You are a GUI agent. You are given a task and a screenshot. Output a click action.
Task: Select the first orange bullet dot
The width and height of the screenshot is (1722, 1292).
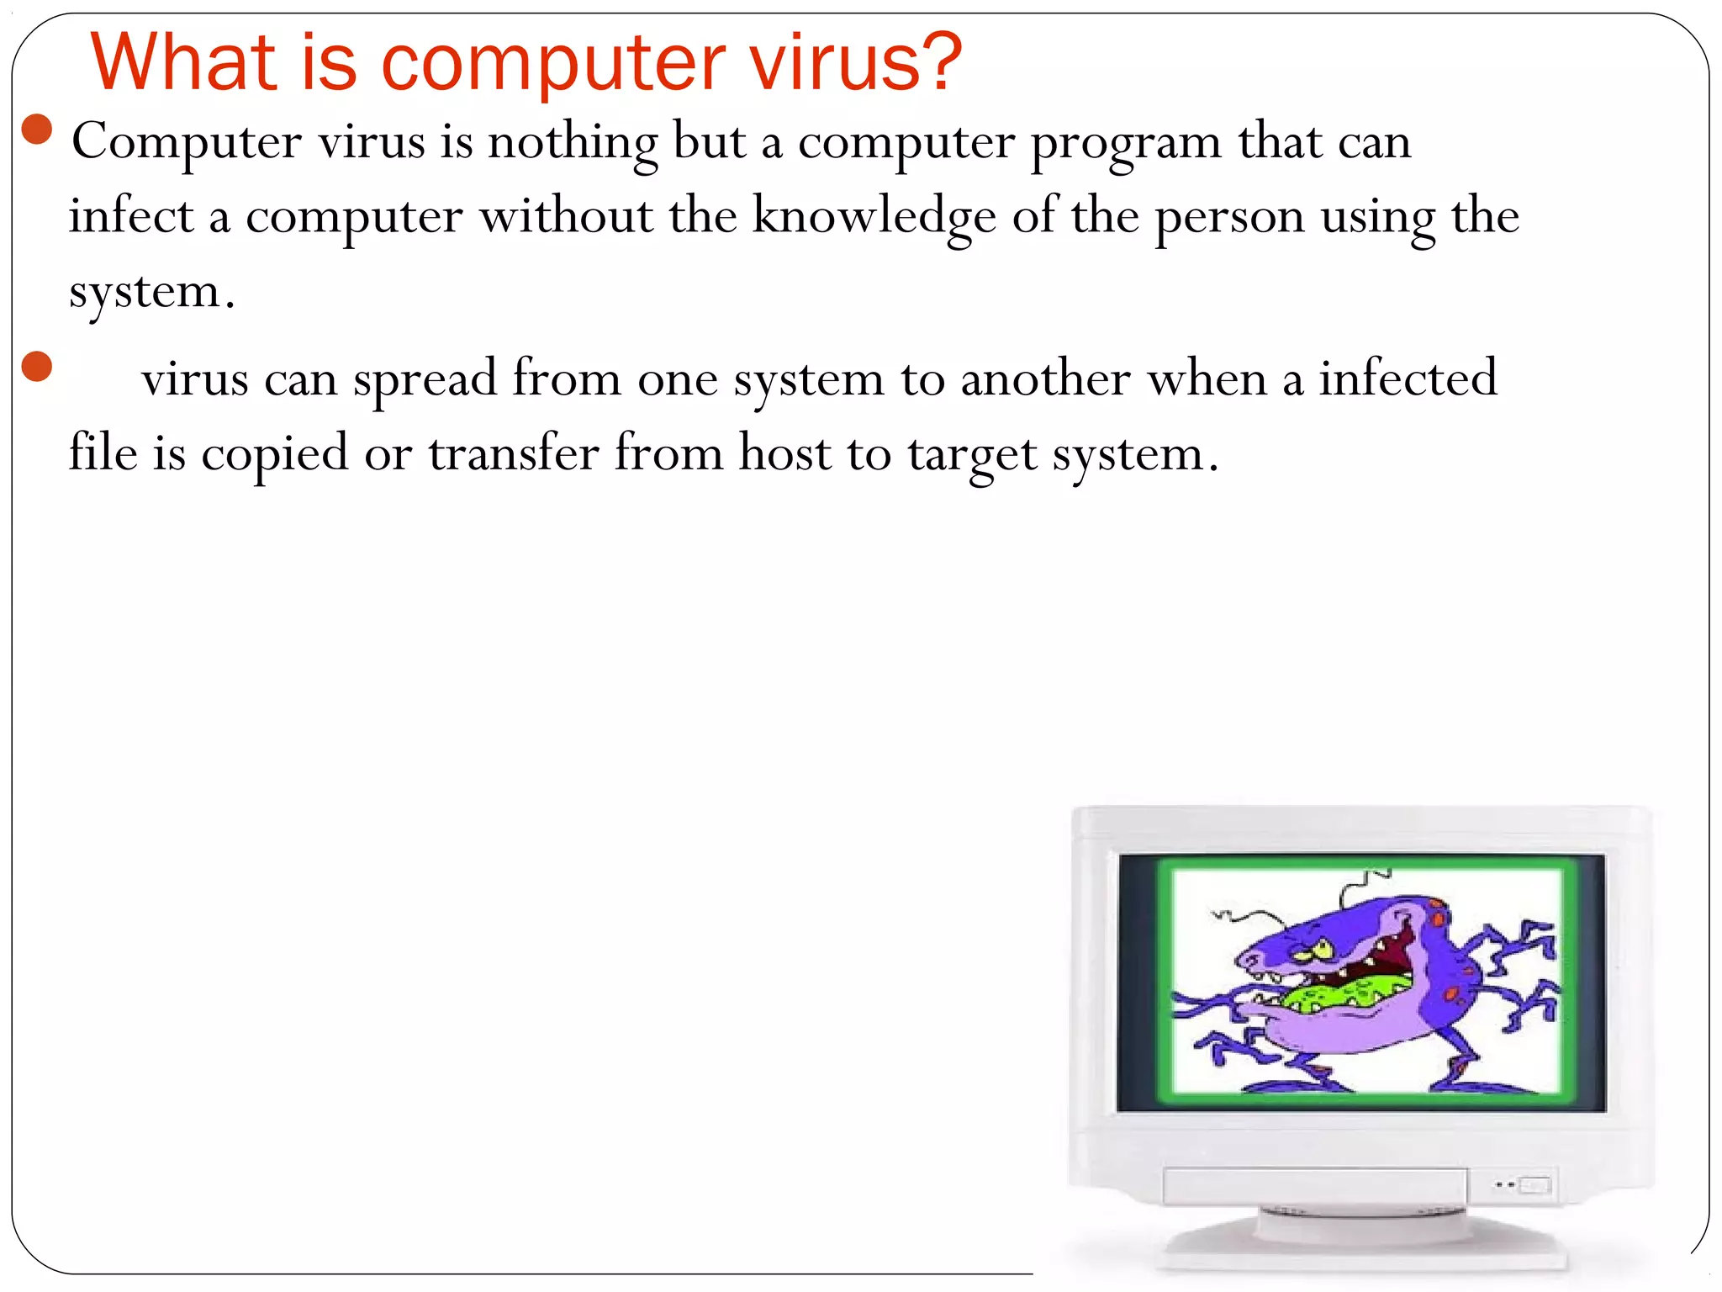[38, 130]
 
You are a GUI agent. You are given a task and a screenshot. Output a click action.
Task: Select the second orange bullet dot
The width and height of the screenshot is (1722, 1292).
[38, 367]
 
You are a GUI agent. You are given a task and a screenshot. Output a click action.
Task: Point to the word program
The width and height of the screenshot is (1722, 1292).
[1126, 143]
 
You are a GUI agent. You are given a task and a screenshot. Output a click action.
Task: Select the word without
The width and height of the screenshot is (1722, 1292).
[565, 216]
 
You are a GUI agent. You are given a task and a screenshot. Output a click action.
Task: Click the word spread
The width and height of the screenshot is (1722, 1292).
[425, 379]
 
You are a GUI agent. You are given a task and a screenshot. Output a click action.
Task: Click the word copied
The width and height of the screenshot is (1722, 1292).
[274, 455]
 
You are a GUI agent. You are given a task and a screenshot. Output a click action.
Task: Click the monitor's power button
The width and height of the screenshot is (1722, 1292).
[1534, 1185]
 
